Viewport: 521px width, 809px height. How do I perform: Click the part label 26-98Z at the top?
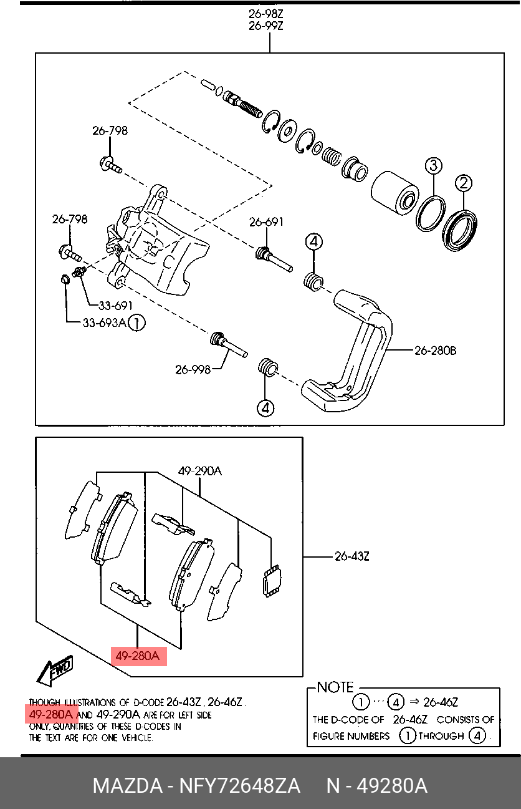click(x=266, y=14)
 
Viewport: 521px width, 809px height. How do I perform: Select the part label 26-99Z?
click(x=266, y=26)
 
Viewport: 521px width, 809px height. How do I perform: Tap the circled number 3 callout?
click(x=433, y=165)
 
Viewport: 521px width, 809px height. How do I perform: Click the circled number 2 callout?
click(x=464, y=183)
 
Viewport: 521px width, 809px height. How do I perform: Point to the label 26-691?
click(x=266, y=222)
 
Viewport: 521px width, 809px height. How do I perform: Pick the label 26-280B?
click(x=435, y=351)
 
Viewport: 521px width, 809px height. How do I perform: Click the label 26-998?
click(x=193, y=369)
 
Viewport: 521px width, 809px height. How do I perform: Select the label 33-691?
click(x=115, y=306)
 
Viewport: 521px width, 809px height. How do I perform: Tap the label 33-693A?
click(x=104, y=322)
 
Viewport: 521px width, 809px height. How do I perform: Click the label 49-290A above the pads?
click(x=200, y=471)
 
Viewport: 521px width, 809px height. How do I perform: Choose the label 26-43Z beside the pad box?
click(x=351, y=556)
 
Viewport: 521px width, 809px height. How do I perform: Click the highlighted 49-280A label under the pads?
click(x=138, y=656)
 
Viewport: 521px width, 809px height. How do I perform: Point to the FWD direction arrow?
click(x=55, y=671)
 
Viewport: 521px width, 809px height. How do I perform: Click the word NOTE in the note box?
click(x=335, y=687)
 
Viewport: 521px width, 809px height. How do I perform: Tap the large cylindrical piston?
click(x=394, y=193)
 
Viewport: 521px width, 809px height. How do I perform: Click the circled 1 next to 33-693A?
click(x=137, y=323)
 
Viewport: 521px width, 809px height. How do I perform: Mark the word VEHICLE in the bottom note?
click(x=137, y=739)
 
